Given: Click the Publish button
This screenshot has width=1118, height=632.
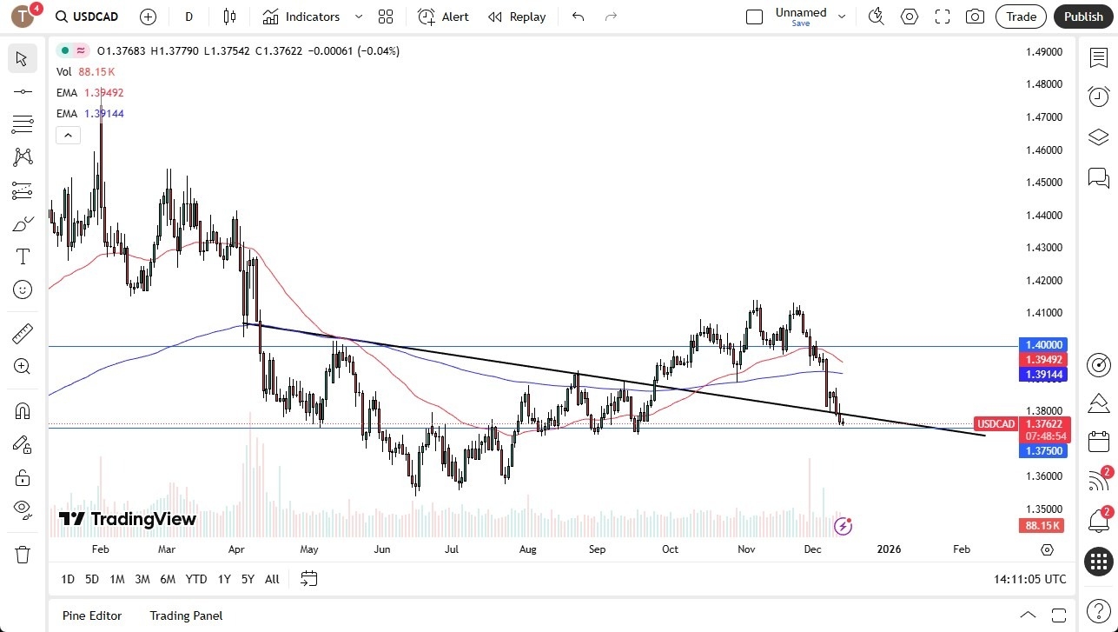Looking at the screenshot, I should click(1083, 17).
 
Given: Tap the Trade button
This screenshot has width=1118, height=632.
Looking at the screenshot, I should click(1021, 17).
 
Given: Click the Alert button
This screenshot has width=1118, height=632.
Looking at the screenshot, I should click(444, 17).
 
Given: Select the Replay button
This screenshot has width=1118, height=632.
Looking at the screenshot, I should click(517, 17).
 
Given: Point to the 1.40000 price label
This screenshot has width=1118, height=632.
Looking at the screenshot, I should click(1043, 344).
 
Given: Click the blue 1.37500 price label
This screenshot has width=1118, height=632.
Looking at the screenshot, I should click(1043, 450).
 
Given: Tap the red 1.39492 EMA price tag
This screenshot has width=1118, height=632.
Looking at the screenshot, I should click(1043, 359).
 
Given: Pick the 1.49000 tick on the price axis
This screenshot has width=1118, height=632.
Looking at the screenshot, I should click(1043, 51).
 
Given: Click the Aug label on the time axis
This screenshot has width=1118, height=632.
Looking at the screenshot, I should click(527, 549).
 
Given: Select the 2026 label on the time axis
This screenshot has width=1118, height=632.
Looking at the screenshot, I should click(889, 549).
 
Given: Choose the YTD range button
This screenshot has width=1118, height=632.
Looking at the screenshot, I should click(196, 579).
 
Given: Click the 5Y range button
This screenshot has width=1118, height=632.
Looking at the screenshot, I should click(248, 579).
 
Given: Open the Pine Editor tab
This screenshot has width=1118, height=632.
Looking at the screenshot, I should click(92, 615).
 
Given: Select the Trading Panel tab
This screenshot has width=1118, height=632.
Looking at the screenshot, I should click(186, 615).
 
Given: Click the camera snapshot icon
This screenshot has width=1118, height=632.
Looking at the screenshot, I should click(975, 17).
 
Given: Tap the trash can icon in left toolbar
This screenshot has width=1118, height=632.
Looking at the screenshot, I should click(23, 555).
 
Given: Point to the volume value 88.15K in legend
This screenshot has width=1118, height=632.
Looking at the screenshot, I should click(96, 72).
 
